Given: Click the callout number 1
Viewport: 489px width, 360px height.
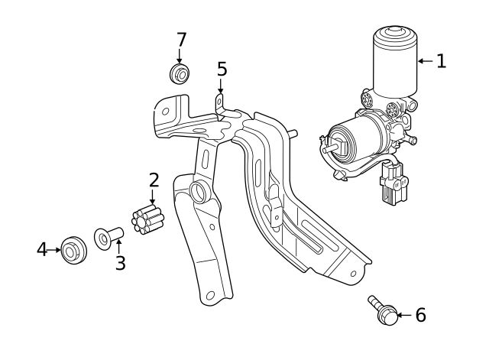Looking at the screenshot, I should point(441,61).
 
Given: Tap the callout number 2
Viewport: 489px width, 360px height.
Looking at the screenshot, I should point(154,180).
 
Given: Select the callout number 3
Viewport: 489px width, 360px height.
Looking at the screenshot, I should point(120,263).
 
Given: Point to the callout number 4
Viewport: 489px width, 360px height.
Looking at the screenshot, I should point(42,249).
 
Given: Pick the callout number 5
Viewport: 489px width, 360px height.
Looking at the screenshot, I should point(222,70).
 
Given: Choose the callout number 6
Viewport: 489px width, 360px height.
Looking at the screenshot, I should point(420,315).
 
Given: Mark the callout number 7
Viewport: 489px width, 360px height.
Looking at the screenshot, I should point(181,40).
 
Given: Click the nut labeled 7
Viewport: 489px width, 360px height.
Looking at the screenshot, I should point(180,74).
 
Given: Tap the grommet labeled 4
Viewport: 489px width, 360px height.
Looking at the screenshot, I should point(73,249).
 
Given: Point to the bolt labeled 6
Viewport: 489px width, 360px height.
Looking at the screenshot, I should point(384,310).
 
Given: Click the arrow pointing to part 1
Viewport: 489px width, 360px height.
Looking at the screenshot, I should point(426,61).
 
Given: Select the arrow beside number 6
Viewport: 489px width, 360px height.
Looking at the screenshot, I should point(405,315).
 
